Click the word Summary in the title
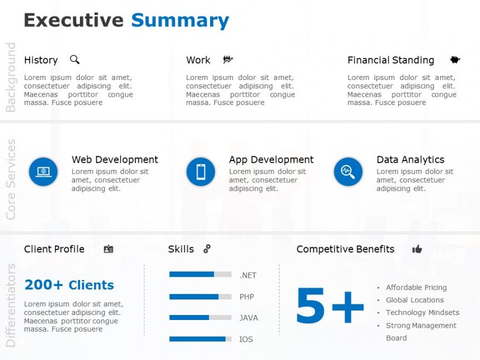[180, 21]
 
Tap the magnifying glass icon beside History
[74, 59]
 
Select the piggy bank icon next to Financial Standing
[455, 59]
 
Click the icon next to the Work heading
[228, 59]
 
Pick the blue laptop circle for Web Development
[43, 172]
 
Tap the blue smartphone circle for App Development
[201, 172]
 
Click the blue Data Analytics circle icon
[348, 172]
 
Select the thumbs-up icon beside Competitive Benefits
[417, 249]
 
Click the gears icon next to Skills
[207, 249]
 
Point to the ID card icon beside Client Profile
[108, 249]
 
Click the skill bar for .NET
[200, 274]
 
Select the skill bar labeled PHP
[200, 297]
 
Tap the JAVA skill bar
[200, 317]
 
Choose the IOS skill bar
[200, 339]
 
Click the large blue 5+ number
[330, 306]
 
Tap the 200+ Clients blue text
[69, 285]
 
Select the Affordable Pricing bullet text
[416, 288]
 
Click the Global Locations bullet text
[415, 300]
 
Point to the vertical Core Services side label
[11, 179]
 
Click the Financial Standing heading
[391, 60]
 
